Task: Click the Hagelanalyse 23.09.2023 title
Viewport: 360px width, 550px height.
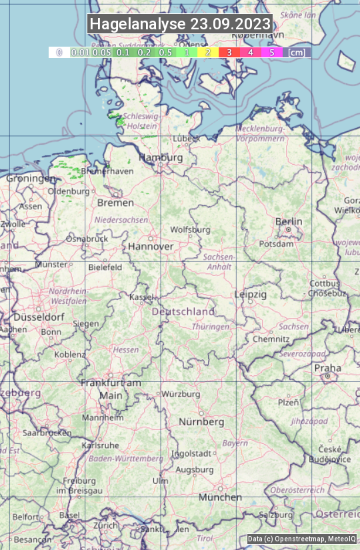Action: (180, 24)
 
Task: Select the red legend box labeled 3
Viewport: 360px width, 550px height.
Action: (229, 52)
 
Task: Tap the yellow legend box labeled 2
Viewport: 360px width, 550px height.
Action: (208, 52)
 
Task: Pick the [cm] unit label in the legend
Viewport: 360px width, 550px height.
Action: (297, 52)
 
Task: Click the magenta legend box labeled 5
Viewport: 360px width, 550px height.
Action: (271, 52)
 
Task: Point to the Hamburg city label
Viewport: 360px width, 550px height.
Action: (161, 157)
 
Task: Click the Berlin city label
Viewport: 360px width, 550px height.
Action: (289, 221)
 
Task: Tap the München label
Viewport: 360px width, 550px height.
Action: (220, 497)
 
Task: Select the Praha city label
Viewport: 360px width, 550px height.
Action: (327, 368)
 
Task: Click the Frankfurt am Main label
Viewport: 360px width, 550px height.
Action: (111, 389)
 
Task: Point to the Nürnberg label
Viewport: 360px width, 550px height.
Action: (201, 422)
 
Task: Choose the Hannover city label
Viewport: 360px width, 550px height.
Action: (151, 246)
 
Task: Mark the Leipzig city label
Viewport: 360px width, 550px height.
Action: (251, 294)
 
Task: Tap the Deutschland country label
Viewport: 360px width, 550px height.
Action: (183, 311)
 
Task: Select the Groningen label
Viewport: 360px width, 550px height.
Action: (31, 179)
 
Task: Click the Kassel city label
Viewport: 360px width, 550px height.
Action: (142, 297)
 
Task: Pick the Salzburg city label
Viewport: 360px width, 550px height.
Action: (276, 515)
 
